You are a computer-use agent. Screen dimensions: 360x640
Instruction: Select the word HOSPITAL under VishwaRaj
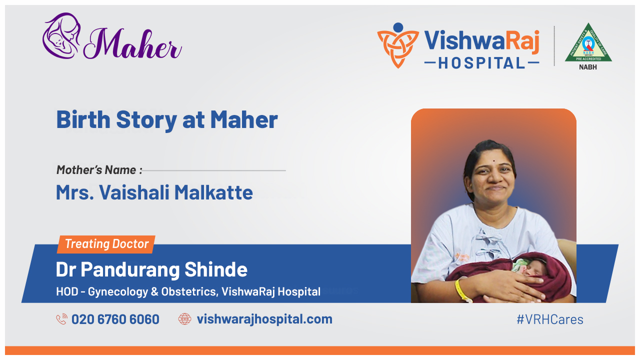pyautogui.click(x=481, y=63)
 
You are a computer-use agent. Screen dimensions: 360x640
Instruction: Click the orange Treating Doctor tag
pyautogui.click(x=106, y=244)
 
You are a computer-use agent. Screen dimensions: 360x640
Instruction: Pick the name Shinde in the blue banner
pyautogui.click(x=216, y=270)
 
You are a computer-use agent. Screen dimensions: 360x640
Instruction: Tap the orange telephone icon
pyautogui.click(x=62, y=319)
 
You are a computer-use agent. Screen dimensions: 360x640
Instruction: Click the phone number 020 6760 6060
pyautogui.click(x=115, y=319)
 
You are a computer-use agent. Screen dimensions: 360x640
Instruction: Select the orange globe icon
pyautogui.click(x=185, y=319)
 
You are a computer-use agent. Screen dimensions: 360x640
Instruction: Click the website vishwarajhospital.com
pyautogui.click(x=264, y=319)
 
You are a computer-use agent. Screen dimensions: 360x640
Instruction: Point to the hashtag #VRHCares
pyautogui.click(x=549, y=319)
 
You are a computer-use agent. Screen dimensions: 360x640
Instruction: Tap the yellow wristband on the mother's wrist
pyautogui.click(x=460, y=291)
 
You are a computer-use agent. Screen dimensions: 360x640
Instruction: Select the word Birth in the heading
pyautogui.click(x=83, y=120)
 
